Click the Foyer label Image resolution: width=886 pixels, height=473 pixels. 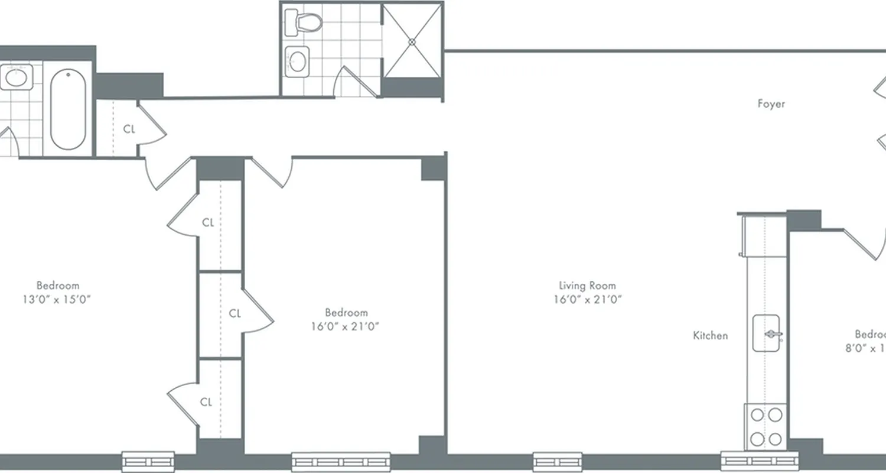pyautogui.click(x=771, y=104)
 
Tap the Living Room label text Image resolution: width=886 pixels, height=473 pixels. pyautogui.click(x=587, y=286)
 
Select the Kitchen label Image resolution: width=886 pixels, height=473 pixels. pyautogui.click(x=710, y=335)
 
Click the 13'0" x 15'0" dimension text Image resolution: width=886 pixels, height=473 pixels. pyautogui.click(x=57, y=299)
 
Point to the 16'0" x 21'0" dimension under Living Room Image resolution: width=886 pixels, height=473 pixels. pyautogui.click(x=587, y=299)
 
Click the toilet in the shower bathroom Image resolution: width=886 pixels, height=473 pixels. pyautogui.click(x=303, y=22)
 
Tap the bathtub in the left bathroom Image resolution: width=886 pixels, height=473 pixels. pyautogui.click(x=68, y=109)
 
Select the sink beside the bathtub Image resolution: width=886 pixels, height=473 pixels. pyautogui.click(x=16, y=77)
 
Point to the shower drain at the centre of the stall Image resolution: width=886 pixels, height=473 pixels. pyautogui.click(x=412, y=41)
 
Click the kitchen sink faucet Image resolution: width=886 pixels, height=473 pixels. pyautogui.click(x=771, y=335)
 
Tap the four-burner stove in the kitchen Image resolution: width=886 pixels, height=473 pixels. pyautogui.click(x=766, y=426)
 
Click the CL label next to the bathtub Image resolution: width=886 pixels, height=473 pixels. pyautogui.click(x=129, y=128)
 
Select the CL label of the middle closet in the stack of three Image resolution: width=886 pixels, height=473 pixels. pyautogui.click(x=234, y=313)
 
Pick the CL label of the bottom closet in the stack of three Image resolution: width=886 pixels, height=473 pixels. pyautogui.click(x=206, y=402)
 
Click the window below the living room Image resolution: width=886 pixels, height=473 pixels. pyautogui.click(x=558, y=461)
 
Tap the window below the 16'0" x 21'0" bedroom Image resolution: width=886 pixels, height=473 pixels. pyautogui.click(x=341, y=461)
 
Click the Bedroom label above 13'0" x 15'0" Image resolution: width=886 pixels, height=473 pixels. pyautogui.click(x=57, y=286)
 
